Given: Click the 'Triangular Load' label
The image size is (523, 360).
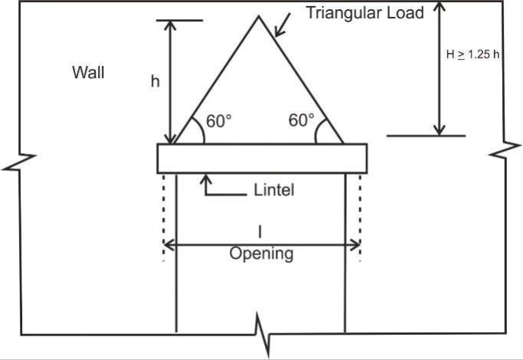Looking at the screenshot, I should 364,13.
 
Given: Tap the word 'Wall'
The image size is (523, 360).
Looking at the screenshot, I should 88,73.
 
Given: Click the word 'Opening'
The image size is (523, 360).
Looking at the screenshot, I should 261,254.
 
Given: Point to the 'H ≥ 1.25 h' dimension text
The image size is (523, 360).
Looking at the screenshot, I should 473,55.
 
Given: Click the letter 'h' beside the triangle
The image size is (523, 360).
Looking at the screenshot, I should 155,81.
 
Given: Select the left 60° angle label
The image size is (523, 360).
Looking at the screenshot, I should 218,121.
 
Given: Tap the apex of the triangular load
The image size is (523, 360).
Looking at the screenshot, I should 258,17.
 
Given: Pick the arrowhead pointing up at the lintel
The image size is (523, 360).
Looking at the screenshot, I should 205,179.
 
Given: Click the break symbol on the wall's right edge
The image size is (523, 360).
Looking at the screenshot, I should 504,151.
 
